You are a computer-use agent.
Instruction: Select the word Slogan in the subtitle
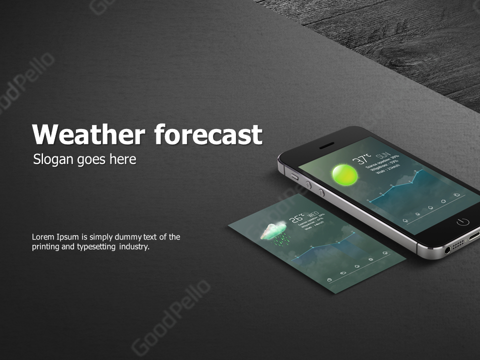click(52, 159)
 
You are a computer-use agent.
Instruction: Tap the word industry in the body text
click(134, 246)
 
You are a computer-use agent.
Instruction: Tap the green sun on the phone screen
click(345, 174)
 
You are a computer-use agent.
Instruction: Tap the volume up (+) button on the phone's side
click(308, 185)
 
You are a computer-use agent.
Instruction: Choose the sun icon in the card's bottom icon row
click(370, 259)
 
